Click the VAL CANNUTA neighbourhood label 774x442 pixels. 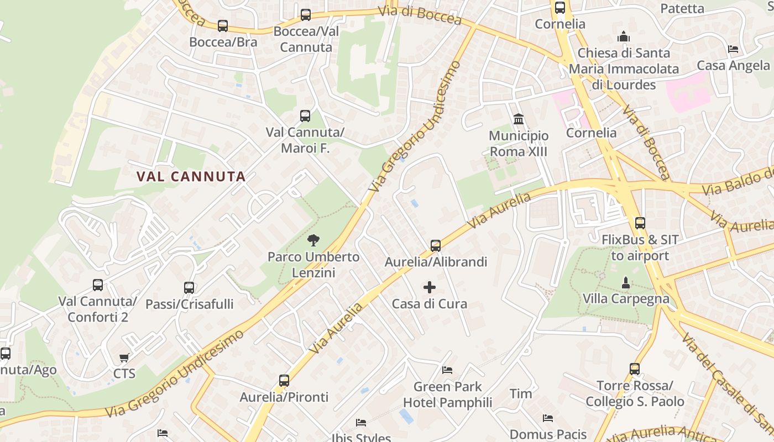[191, 177]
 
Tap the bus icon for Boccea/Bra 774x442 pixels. [223, 26]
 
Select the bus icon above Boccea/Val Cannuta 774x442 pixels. [306, 15]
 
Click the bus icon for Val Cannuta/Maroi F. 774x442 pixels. [305, 116]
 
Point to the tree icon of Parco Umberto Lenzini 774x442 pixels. [313, 240]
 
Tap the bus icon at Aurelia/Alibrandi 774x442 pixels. [436, 246]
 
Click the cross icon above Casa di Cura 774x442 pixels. [430, 287]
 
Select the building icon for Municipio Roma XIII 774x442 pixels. [519, 119]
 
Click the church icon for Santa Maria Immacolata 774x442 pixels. [624, 37]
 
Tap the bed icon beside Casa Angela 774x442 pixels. [733, 49]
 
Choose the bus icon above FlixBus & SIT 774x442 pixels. [640, 223]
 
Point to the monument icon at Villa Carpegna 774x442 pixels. [626, 283]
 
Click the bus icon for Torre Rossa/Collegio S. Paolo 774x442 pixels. [635, 369]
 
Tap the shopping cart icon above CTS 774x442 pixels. [124, 357]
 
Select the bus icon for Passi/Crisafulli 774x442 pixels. [189, 288]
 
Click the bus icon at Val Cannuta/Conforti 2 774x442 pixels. [98, 285]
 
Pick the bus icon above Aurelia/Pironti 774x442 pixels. [284, 381]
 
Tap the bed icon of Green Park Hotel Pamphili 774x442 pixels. [447, 370]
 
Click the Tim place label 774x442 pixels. [521, 394]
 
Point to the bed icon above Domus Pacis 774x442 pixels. [548, 418]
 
